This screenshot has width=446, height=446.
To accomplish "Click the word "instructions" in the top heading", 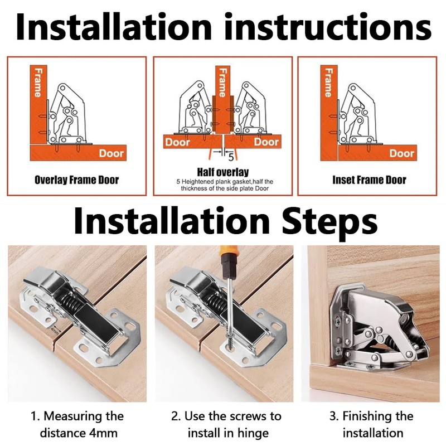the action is click(328, 27).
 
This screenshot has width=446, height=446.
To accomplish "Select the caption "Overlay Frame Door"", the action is click(76, 180).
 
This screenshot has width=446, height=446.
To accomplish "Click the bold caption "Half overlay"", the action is click(222, 172).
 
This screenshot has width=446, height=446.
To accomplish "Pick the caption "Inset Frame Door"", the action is click(369, 180).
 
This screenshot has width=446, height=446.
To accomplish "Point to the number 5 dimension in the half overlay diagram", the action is click(231, 157).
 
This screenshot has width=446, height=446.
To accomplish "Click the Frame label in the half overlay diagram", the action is click(222, 82).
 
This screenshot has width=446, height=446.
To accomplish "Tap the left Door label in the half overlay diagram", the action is click(177, 142).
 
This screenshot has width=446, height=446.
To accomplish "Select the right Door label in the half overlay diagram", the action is click(266, 142).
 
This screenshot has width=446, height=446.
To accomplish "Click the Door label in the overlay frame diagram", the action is click(111, 153).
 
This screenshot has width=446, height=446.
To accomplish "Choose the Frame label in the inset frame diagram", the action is click(328, 82).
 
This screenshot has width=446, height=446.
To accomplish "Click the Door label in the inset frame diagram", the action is click(401, 153).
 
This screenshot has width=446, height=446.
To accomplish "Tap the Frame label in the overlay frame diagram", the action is click(37, 82).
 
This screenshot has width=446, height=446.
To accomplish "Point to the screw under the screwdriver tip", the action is click(229, 342).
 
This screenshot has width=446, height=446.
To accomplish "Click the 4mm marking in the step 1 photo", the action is click(54, 331).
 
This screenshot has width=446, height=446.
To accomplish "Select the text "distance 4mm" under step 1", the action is click(79, 433).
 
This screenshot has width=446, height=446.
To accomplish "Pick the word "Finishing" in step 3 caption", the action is click(378, 416).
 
